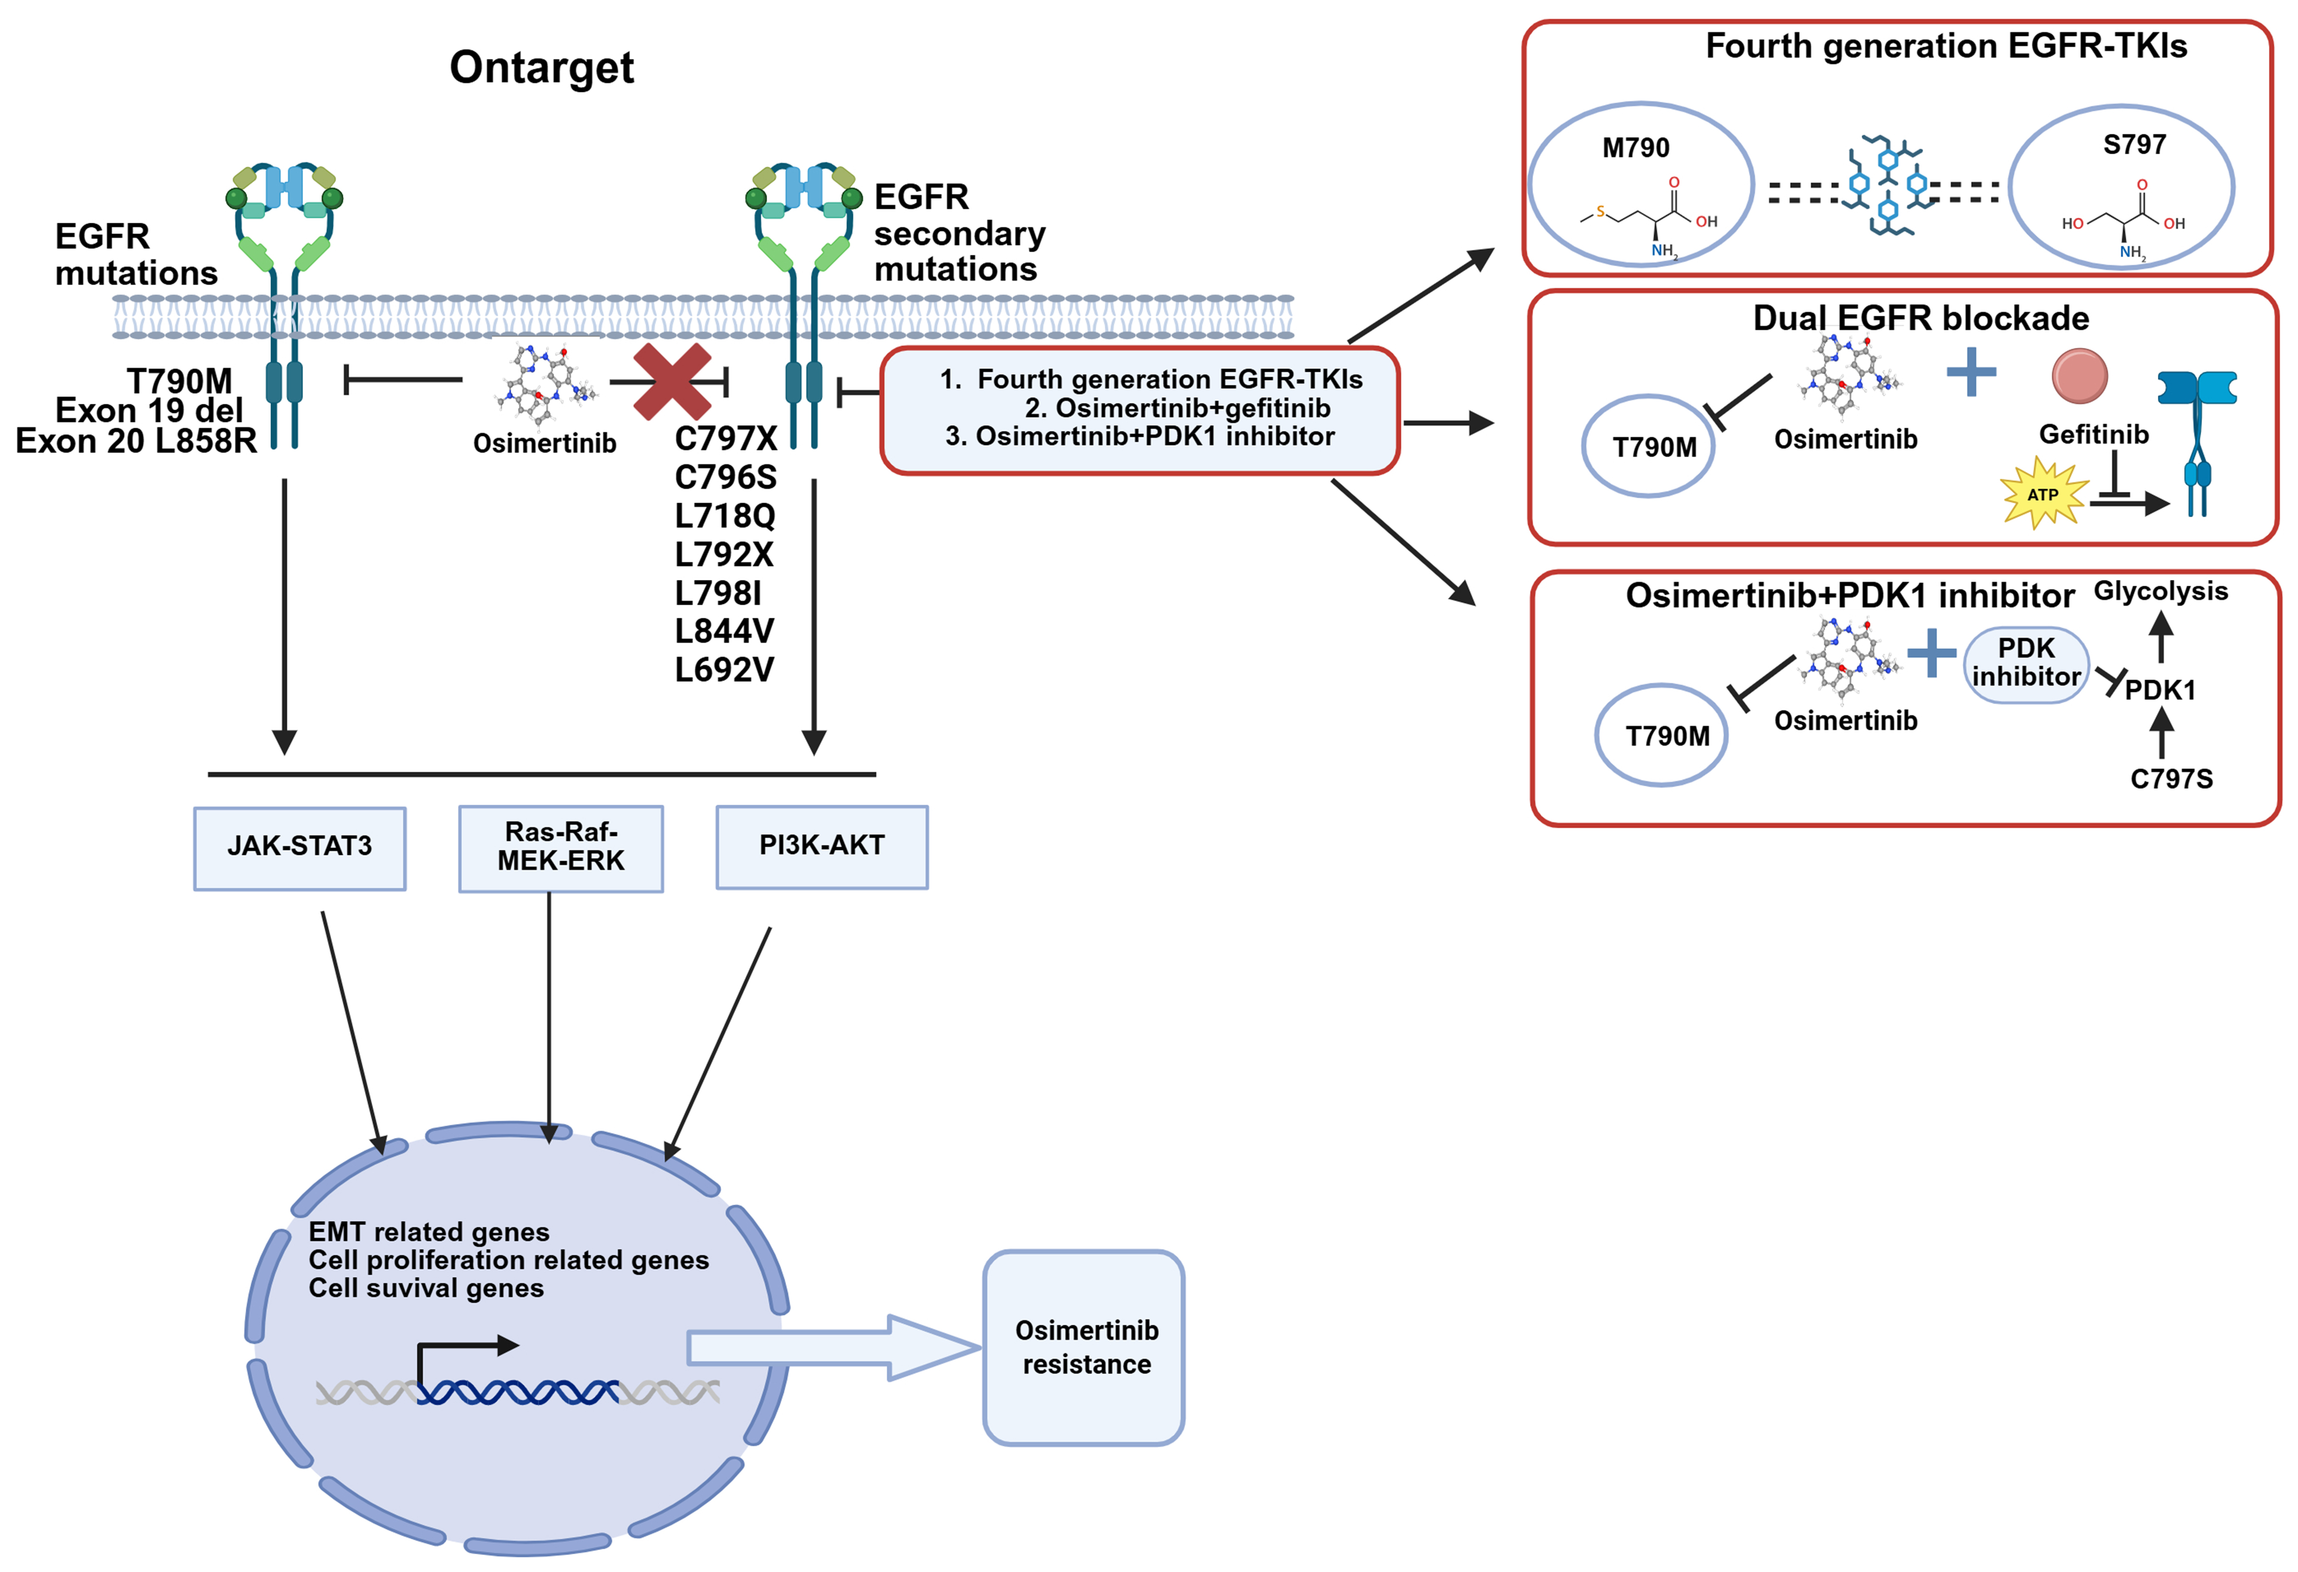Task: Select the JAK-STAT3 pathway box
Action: pyautogui.click(x=300, y=847)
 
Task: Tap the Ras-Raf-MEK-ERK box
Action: pyautogui.click(x=561, y=847)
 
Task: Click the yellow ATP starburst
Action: pyautogui.click(x=2043, y=493)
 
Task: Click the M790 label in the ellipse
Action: pyautogui.click(x=1635, y=148)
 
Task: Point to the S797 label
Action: pyautogui.click(x=2134, y=145)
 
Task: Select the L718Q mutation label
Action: pyautogui.click(x=725, y=515)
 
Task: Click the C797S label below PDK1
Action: pyautogui.click(x=2172, y=779)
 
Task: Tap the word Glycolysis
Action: pyautogui.click(x=2160, y=591)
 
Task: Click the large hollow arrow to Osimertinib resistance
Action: pyautogui.click(x=830, y=1347)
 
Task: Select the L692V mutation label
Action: pyautogui.click(x=725, y=669)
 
